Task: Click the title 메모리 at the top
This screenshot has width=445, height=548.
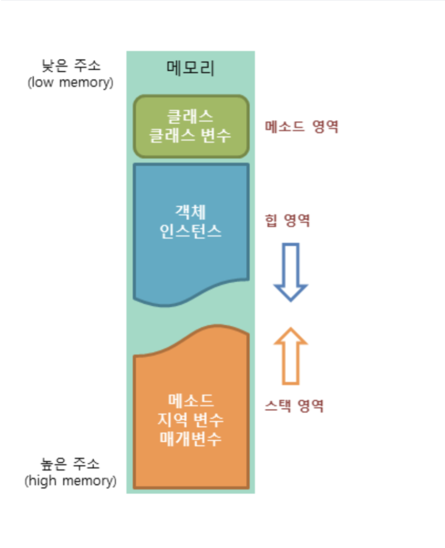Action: (x=190, y=68)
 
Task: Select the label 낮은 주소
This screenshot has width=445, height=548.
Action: (x=70, y=66)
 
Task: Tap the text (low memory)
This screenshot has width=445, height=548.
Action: (x=70, y=83)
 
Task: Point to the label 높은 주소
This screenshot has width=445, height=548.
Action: (x=70, y=463)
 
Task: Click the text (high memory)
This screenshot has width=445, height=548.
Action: (x=70, y=480)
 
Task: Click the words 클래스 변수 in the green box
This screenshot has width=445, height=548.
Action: (x=191, y=136)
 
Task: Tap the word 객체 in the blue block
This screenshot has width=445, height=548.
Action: (x=190, y=211)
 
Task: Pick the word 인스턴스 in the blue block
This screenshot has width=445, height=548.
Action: (x=190, y=231)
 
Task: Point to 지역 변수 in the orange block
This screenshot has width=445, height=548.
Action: (x=190, y=419)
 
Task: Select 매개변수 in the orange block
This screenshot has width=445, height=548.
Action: (x=190, y=439)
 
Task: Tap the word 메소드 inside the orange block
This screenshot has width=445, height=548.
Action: (x=190, y=400)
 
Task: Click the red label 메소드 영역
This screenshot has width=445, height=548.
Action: (x=301, y=127)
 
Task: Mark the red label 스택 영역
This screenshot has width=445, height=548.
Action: (x=294, y=405)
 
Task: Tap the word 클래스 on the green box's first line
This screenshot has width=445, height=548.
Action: (x=190, y=116)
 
